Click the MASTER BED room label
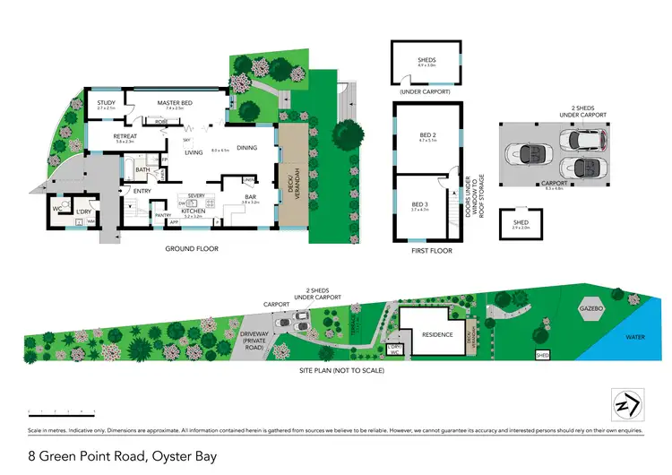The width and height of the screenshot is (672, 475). pos(176,103)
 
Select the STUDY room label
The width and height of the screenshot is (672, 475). pos(106,103)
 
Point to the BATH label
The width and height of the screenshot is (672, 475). pos(142,169)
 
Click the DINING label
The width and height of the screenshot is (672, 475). pos(247,148)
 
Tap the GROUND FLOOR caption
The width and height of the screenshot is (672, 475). pos(192,248)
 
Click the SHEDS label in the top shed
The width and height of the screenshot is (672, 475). pos(426,60)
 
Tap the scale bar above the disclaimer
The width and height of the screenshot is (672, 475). pos(63,411)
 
